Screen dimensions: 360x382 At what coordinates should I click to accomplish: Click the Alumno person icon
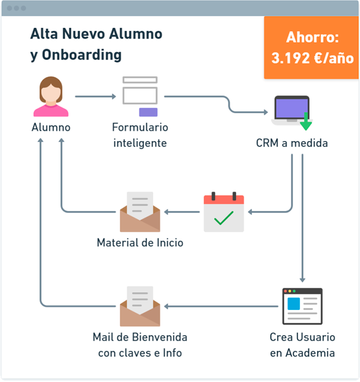pos(51,96)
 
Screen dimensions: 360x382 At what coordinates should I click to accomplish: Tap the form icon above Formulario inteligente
pos(140,96)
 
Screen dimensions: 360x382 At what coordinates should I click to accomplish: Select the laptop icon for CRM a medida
pos(292,111)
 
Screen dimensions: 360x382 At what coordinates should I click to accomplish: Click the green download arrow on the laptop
pos(306,121)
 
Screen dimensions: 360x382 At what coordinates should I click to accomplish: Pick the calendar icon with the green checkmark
pos(224,212)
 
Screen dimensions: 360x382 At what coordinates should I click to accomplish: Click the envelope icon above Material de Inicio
pos(140,212)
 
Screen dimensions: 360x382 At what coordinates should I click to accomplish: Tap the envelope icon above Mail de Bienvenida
pos(140,306)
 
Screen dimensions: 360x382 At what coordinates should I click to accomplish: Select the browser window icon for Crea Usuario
pos(302,306)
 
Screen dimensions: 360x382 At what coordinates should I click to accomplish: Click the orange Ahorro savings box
pos(311,47)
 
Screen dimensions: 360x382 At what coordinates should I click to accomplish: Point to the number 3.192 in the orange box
pos(290,58)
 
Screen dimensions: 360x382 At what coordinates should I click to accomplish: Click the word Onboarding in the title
pos(82,55)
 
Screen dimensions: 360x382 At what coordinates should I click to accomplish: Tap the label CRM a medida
pos(292,143)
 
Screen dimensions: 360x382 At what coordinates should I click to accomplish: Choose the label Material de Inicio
pos(140,242)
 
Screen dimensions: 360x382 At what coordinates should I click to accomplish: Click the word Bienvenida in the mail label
pos(160,337)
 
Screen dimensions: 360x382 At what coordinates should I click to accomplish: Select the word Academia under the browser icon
pos(310,353)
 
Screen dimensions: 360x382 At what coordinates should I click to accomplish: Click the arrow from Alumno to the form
pos(96,96)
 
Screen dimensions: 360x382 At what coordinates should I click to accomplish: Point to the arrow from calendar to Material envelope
pos(182,212)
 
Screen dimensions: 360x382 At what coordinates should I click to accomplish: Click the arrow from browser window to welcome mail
pos(221,306)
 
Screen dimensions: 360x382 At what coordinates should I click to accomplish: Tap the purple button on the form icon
pos(148,112)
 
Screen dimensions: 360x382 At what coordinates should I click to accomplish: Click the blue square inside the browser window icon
pos(294,304)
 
